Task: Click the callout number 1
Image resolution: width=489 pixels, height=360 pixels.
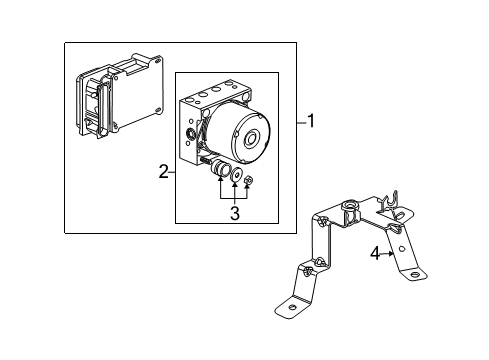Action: point(311,122)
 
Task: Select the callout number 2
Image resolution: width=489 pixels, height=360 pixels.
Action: point(162,172)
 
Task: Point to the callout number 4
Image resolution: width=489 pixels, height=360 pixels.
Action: point(375,254)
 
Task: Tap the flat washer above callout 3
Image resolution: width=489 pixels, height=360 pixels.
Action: point(237,179)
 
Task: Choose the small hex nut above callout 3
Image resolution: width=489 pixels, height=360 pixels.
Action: point(250,181)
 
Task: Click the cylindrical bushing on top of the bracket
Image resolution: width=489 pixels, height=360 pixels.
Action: point(351,213)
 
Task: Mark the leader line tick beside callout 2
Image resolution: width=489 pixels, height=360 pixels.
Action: point(172,172)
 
